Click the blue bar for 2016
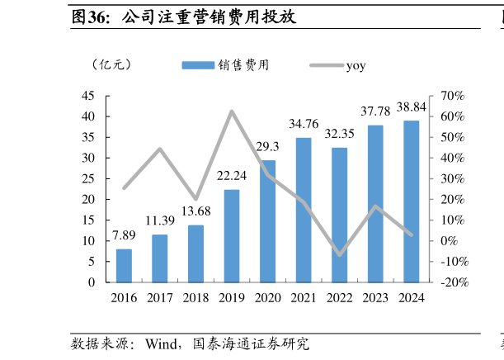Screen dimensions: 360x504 point(124,265)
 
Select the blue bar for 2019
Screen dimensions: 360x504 point(232,235)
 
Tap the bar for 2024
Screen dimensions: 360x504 point(411,201)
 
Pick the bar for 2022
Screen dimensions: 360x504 point(339,215)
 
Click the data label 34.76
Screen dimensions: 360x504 point(304,124)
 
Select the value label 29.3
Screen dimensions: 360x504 point(267,146)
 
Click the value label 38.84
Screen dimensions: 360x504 point(411,107)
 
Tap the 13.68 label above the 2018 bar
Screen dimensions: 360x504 point(195,211)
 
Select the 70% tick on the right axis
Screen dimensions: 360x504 point(454,96)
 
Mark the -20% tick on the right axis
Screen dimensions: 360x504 point(454,282)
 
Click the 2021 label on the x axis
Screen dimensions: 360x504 point(304,298)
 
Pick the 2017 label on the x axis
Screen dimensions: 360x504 point(160,298)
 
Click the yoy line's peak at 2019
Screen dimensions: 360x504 point(232,111)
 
